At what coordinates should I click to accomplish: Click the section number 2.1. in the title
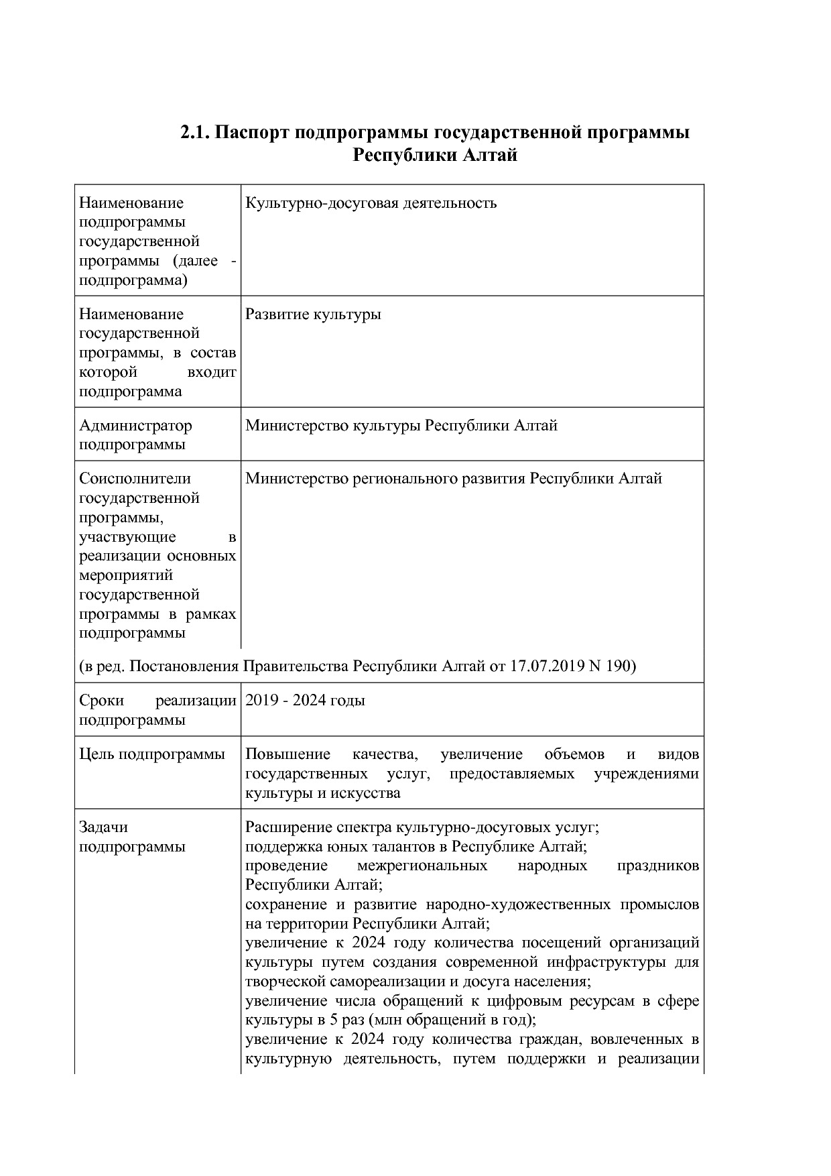(x=195, y=133)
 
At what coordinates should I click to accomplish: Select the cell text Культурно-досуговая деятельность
(x=371, y=202)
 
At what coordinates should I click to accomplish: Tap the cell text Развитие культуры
(x=313, y=314)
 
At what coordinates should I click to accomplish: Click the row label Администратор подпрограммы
(x=135, y=434)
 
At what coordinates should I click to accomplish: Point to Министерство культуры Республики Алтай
(x=401, y=425)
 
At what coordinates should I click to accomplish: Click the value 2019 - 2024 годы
(x=305, y=701)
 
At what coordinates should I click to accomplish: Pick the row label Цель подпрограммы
(x=152, y=754)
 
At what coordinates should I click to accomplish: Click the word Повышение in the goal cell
(x=288, y=754)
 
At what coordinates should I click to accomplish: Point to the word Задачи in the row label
(x=103, y=827)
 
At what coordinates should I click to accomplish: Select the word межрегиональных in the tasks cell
(x=422, y=866)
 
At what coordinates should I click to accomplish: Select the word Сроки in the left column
(x=101, y=701)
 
